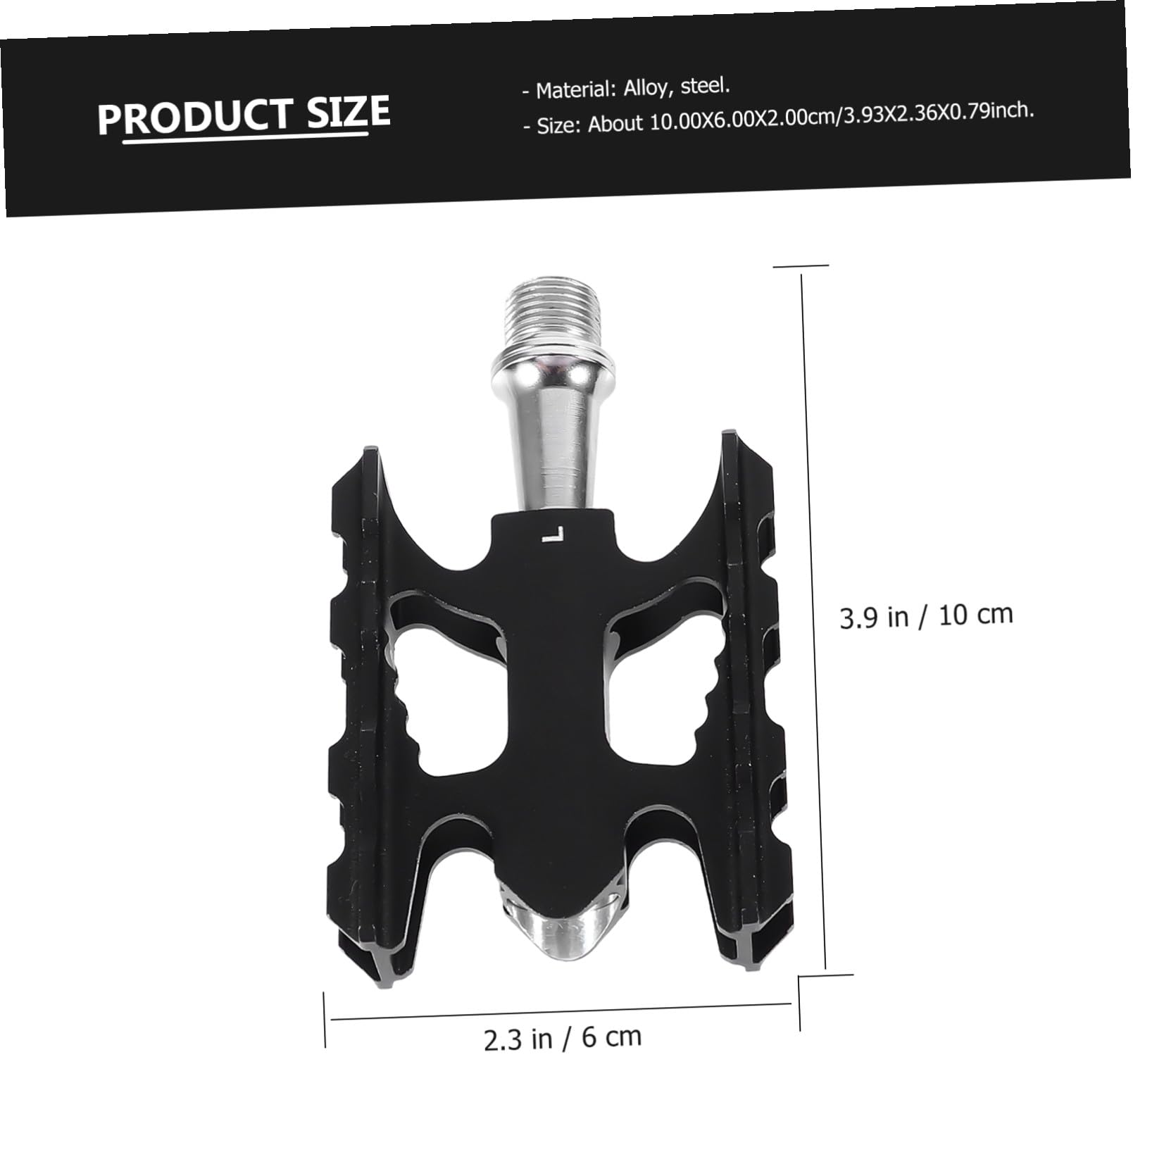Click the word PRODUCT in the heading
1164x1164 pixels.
click(x=194, y=115)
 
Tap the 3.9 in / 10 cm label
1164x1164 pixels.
click(x=926, y=615)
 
